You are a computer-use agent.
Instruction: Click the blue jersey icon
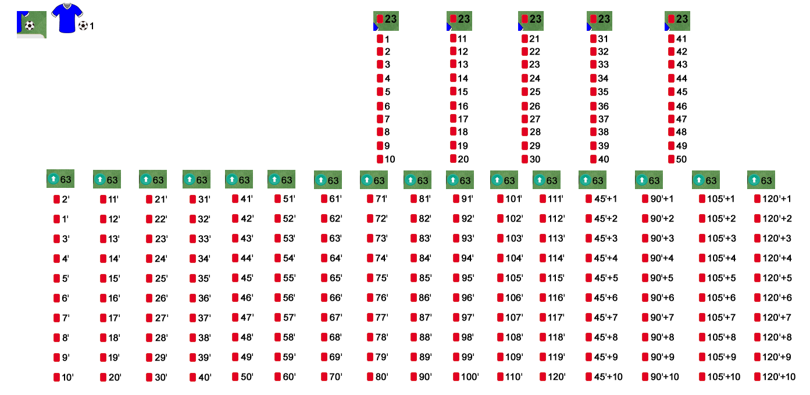67,18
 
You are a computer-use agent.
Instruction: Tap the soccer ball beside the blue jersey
83,26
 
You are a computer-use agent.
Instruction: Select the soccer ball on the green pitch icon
30,26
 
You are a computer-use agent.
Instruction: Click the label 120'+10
779,377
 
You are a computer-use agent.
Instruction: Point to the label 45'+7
606,318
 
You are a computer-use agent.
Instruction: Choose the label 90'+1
662,199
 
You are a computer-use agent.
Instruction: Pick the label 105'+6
722,298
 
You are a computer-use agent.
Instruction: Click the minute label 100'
470,377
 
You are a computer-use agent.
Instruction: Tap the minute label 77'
381,318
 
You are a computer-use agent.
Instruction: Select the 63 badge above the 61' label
327,180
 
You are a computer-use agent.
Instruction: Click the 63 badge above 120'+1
761,180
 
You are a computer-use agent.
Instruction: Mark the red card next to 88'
413,337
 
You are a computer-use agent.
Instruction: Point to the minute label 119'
556,357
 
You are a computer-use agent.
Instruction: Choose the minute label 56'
289,298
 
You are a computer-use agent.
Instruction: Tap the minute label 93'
468,239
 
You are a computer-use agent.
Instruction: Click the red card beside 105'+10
702,377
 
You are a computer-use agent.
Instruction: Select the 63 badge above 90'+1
649,180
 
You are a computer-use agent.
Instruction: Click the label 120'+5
777,278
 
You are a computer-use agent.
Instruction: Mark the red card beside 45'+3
588,239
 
